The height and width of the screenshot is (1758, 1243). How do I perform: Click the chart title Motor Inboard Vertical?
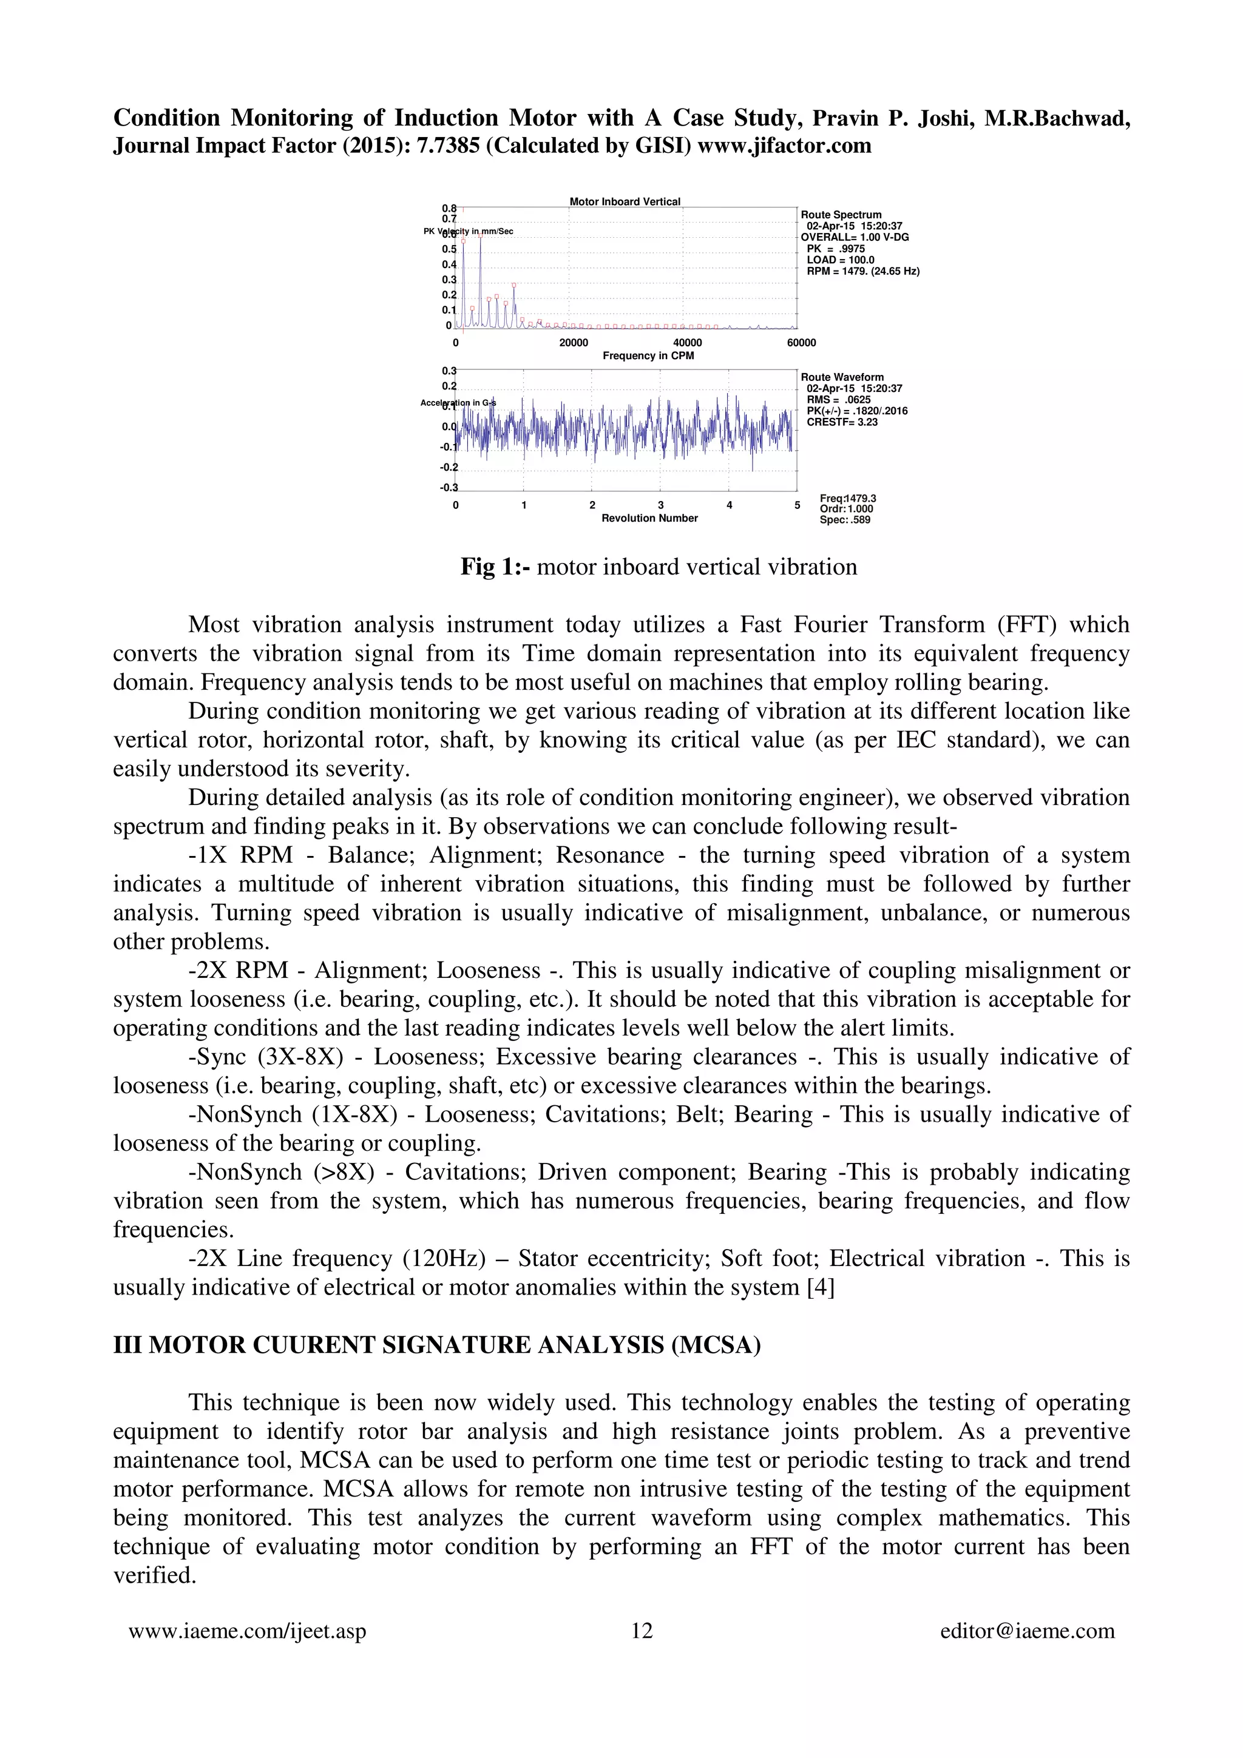click(x=624, y=201)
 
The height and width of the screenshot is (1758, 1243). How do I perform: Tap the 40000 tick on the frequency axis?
click(x=687, y=342)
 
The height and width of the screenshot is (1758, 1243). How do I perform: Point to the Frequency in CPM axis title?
click(x=648, y=355)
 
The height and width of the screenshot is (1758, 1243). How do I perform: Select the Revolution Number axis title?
click(x=649, y=519)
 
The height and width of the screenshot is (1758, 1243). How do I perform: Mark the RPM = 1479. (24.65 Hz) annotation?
click(x=862, y=271)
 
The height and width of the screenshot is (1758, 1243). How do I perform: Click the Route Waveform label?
click(x=842, y=377)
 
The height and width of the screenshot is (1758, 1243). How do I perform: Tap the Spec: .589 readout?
click(x=845, y=520)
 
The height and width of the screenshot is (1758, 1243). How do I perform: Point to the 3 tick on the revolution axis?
click(x=660, y=505)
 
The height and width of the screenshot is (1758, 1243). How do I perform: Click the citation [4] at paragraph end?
click(x=821, y=1287)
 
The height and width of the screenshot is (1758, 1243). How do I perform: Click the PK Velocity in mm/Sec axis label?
click(x=469, y=231)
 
